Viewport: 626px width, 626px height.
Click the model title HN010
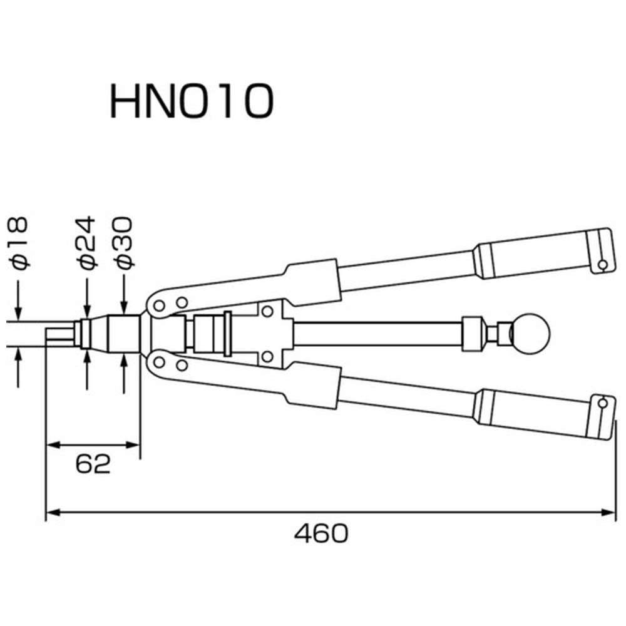192,100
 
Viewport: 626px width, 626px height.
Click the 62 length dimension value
93,464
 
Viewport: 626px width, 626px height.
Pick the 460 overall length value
321,533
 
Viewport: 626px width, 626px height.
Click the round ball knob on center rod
531,332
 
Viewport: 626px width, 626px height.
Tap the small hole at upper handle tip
603,264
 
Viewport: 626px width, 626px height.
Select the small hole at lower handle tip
603,403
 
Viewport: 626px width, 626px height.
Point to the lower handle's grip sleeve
531,414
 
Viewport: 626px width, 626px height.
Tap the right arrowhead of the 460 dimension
608,512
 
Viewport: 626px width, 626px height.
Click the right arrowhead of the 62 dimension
132,444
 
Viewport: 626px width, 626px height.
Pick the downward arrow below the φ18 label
18,299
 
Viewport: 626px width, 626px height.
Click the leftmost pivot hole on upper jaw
159,306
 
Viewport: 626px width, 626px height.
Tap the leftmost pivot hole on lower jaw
159,362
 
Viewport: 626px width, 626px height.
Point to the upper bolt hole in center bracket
267,311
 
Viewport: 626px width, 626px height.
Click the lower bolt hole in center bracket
267,357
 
